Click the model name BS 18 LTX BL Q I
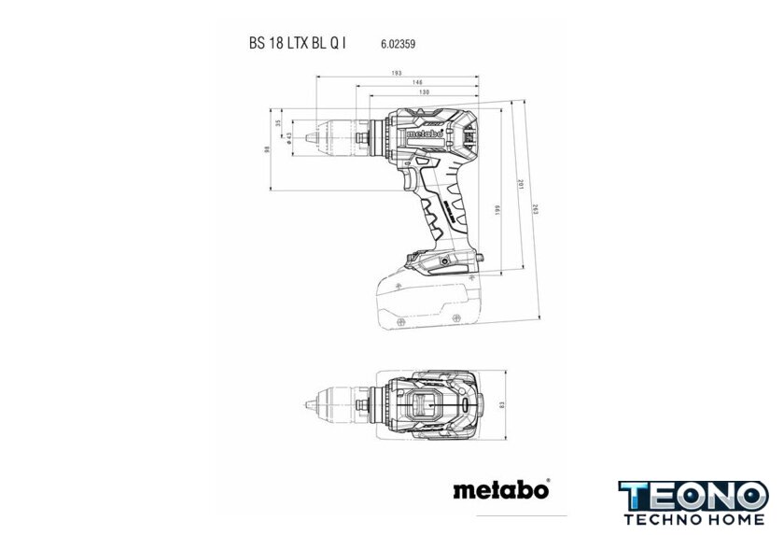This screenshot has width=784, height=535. (x=298, y=43)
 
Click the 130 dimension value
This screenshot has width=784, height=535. (x=424, y=93)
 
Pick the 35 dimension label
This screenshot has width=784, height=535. (x=278, y=123)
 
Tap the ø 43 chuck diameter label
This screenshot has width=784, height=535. (x=290, y=137)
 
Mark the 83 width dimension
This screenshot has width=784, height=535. (x=501, y=403)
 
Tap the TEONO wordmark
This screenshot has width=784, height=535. (x=693, y=495)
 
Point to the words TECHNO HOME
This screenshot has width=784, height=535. (x=693, y=519)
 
